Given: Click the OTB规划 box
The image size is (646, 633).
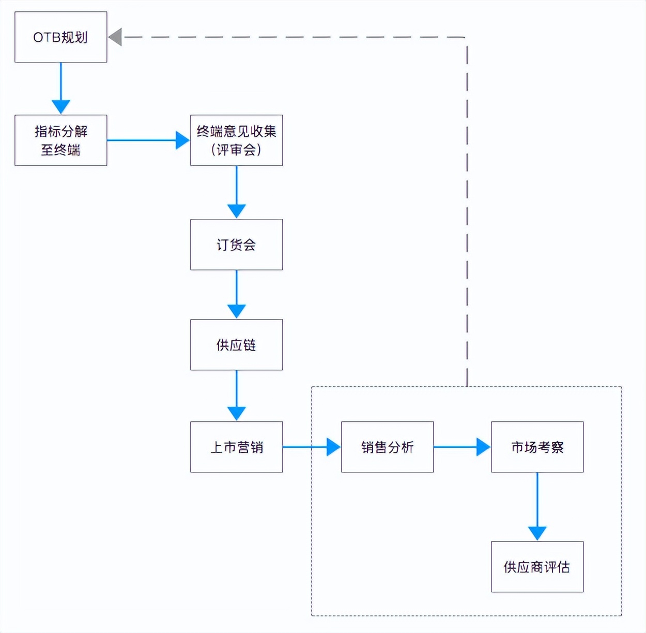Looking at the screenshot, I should coord(60,37).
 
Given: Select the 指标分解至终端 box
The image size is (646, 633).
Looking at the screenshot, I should coord(60,140).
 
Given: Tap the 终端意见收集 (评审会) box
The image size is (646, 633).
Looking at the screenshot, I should coord(236,140).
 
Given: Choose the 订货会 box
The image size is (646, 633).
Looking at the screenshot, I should coord(236,245).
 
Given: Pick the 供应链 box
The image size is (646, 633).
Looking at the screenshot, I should coord(236,345).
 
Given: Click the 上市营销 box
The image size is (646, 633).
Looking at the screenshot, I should coord(236,447).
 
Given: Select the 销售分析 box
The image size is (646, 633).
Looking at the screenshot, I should coord(387,447).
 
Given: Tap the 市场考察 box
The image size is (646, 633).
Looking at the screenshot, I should coord(537,447).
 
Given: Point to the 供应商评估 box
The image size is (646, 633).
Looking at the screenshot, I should coord(537,567).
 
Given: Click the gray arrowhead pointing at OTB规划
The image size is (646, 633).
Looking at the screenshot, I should coord(116,37).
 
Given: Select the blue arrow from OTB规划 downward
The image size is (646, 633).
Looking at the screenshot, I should coord(61,88).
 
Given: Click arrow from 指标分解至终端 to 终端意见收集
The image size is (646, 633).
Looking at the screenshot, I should coord(147,140).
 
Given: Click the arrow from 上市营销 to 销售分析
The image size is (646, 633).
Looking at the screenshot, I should coord(310,447).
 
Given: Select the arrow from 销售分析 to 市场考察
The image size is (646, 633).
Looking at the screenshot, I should coord(461,447).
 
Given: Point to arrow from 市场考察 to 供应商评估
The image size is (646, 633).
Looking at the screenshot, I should coord(537,506).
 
